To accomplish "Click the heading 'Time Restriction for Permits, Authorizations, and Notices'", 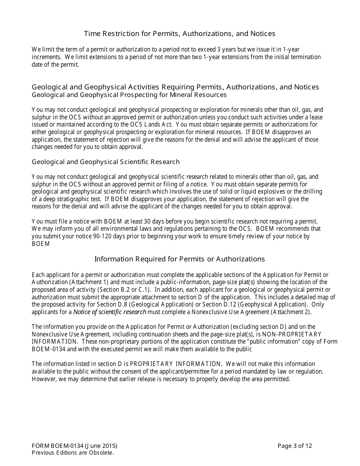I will pyautogui.click(x=180, y=34).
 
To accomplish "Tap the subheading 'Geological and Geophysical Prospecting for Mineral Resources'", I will pyautogui.click(x=129, y=95).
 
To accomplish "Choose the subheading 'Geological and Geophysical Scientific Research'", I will pyautogui.click(x=106, y=162).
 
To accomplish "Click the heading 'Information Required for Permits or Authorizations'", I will pyautogui.click(x=180, y=259).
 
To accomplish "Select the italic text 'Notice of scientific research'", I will pyautogui.click(x=110, y=312).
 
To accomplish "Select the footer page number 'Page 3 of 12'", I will pyautogui.click(x=295, y=446).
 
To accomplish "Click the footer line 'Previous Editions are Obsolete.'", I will pyautogui.click(x=73, y=452).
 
